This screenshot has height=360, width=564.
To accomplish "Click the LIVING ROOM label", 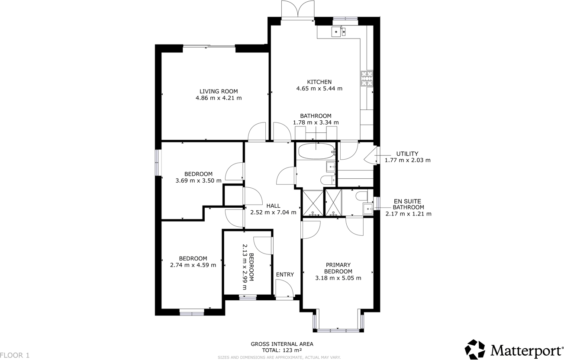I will tap(219, 91).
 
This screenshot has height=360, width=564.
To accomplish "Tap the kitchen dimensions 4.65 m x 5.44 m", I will tap(319, 89).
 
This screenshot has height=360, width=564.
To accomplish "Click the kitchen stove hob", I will tap(367, 79).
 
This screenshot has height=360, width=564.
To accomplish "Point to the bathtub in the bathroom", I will tap(316, 151).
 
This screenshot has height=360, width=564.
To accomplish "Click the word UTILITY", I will tap(407, 154).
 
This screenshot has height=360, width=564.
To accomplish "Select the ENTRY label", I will tap(285, 274).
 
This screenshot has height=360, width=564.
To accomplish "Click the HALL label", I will tap(273, 206).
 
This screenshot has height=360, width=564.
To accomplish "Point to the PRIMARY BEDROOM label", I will tap(338, 268).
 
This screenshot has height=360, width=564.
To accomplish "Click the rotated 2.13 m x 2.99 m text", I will tap(248, 263).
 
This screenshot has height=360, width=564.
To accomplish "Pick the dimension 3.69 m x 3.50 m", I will tap(198, 181).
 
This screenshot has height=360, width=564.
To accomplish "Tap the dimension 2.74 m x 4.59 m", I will tap(193, 265).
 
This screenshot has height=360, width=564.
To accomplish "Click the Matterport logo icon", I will tap(475, 349).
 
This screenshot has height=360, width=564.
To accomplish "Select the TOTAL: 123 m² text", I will tap(282, 350).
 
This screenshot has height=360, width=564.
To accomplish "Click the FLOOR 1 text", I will tap(15, 355).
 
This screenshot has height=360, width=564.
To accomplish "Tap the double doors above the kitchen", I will tap(297, 10).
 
